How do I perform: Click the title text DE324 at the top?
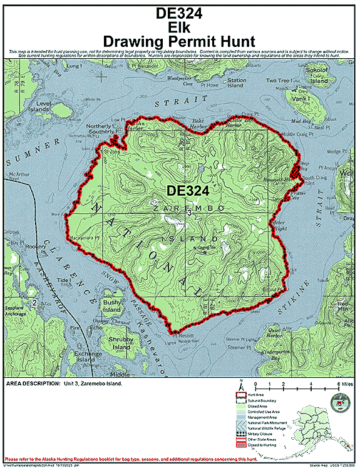point(180,12)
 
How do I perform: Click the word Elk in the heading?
point(180,26)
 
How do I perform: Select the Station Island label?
point(237,83)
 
